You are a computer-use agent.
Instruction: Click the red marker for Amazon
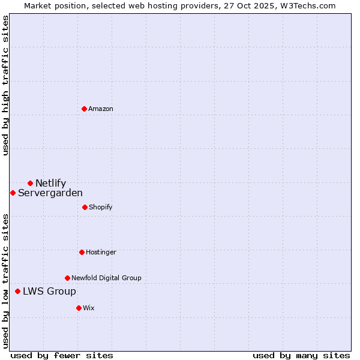pos(84,109)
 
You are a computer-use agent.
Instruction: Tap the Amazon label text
pos(101,109)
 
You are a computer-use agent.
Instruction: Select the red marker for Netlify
pos(30,183)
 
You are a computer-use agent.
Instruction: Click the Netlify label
pos(50,183)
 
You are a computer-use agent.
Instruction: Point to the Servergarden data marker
pos(13,193)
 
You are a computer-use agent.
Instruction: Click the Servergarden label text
pos(50,193)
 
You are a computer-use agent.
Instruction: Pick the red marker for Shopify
pos(85,207)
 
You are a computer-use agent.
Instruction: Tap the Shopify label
pos(101,207)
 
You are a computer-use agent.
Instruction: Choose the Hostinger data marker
pos(82,252)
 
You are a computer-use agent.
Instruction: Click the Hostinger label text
pos(101,252)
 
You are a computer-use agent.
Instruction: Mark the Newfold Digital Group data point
pos(67,278)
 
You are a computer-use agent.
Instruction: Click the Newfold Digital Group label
pos(106,278)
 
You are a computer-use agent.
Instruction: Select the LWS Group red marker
pos(17,291)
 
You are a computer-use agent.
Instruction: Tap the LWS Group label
pos(49,291)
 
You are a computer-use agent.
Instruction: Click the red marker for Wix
pos(79,308)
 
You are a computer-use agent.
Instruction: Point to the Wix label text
pos(89,308)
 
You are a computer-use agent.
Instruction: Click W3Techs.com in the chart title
pos(312,5)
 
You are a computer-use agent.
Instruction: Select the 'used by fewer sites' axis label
pos(62,355)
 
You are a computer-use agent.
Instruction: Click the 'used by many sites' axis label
pos(301,355)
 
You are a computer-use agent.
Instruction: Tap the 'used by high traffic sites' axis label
pos(5,85)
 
